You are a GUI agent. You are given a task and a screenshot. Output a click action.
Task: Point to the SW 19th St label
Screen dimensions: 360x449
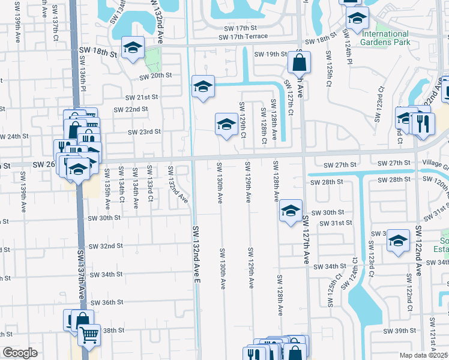271,54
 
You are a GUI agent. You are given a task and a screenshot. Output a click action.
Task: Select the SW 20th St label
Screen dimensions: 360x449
156,76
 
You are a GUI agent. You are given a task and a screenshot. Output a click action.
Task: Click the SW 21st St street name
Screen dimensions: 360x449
141,97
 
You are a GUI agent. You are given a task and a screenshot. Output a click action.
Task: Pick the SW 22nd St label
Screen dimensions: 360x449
131,109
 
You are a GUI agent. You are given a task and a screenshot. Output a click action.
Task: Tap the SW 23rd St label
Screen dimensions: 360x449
144,132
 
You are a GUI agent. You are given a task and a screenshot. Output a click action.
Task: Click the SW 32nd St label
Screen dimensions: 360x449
106,246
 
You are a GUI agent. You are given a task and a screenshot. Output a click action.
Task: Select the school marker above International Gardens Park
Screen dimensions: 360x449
357,19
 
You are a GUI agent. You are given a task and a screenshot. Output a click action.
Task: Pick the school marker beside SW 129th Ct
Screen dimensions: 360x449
226,124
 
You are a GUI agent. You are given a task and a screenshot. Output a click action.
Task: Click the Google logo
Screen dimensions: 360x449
20,353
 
